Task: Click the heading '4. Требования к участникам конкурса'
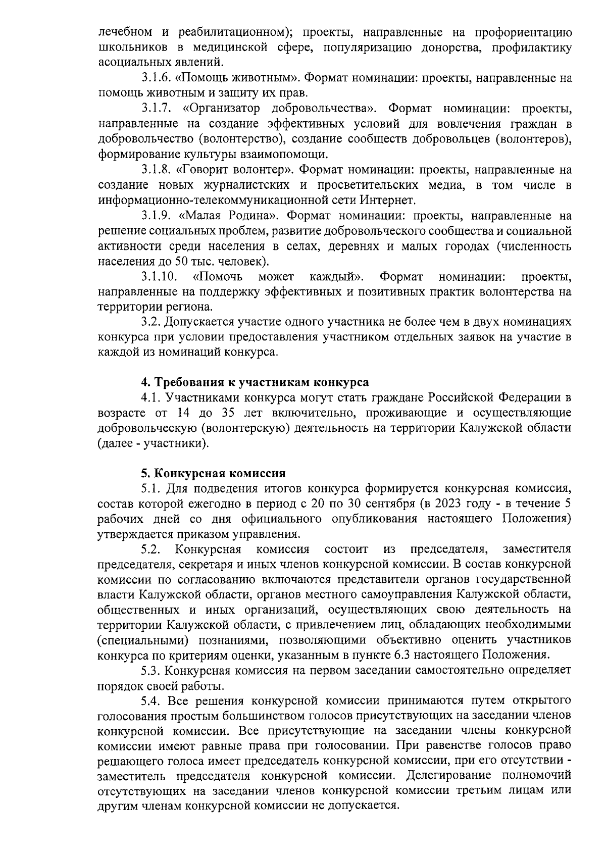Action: pyautogui.click(x=255, y=382)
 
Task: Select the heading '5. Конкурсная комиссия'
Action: pyautogui.click(x=213, y=473)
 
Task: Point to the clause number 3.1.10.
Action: pyautogui.click(x=159, y=277)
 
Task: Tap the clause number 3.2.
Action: pyautogui.click(x=151, y=322)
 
